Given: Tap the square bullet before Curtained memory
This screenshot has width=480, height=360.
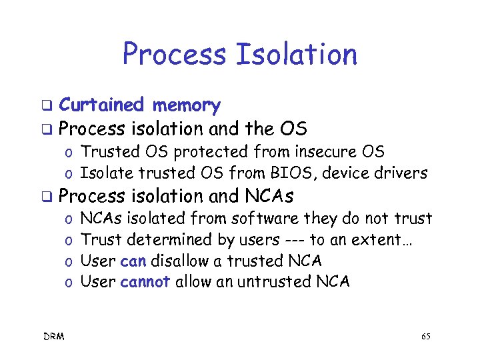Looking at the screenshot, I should coord(47,106).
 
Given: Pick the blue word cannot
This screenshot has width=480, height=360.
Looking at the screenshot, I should coord(145,281).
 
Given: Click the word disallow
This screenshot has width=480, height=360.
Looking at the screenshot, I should coord(183,261).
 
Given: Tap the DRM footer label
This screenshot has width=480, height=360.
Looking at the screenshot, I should coord(55,337).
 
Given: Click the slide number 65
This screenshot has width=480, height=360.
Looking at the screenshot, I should coord(425,337).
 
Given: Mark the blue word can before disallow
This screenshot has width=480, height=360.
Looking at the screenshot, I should coord(133,261).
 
